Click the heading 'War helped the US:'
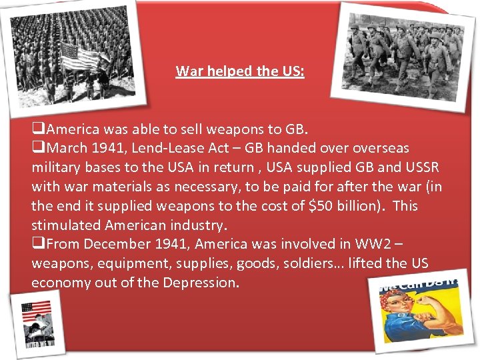point(240,71)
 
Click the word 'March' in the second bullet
point(67,147)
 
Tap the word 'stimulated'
point(64,225)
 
